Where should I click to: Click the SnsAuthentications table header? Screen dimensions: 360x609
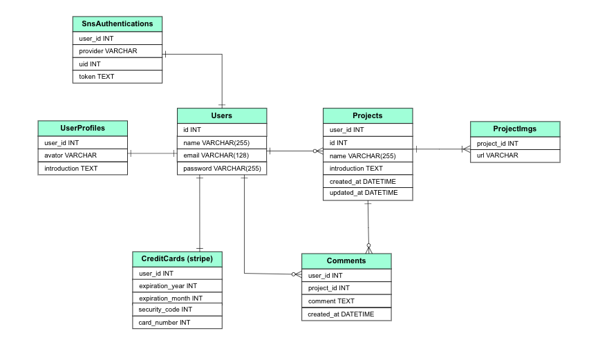[x=117, y=23]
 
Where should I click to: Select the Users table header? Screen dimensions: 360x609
[x=221, y=115]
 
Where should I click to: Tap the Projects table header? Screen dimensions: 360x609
[x=367, y=115]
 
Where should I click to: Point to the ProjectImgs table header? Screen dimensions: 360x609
[x=514, y=129]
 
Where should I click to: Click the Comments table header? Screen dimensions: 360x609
[x=346, y=260]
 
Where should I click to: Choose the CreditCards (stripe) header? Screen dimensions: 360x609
[x=177, y=258]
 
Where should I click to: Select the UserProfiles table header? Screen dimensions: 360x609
[x=82, y=128]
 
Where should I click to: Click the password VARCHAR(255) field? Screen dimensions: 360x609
[x=221, y=169]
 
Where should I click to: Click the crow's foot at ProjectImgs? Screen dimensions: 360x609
[x=465, y=149]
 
